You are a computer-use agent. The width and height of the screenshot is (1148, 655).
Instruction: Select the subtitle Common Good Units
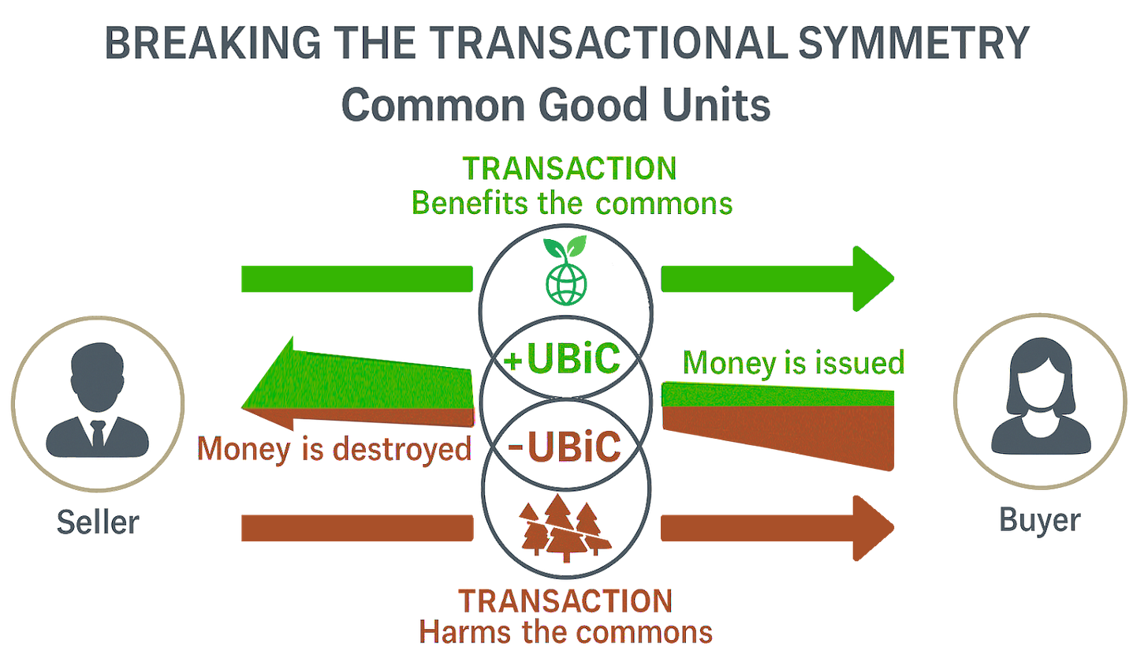click(557, 104)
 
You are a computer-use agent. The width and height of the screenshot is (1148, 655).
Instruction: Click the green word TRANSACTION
click(570, 168)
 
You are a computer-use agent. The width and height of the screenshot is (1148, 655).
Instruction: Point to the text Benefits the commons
click(572, 204)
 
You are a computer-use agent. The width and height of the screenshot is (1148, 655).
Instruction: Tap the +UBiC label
click(566, 361)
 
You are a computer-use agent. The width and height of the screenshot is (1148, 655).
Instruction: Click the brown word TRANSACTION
click(566, 601)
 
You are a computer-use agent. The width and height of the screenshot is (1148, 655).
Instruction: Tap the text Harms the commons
click(566, 631)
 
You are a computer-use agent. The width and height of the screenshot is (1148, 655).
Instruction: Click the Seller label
click(98, 522)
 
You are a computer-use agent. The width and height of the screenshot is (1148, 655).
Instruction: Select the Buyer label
click(1041, 520)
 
